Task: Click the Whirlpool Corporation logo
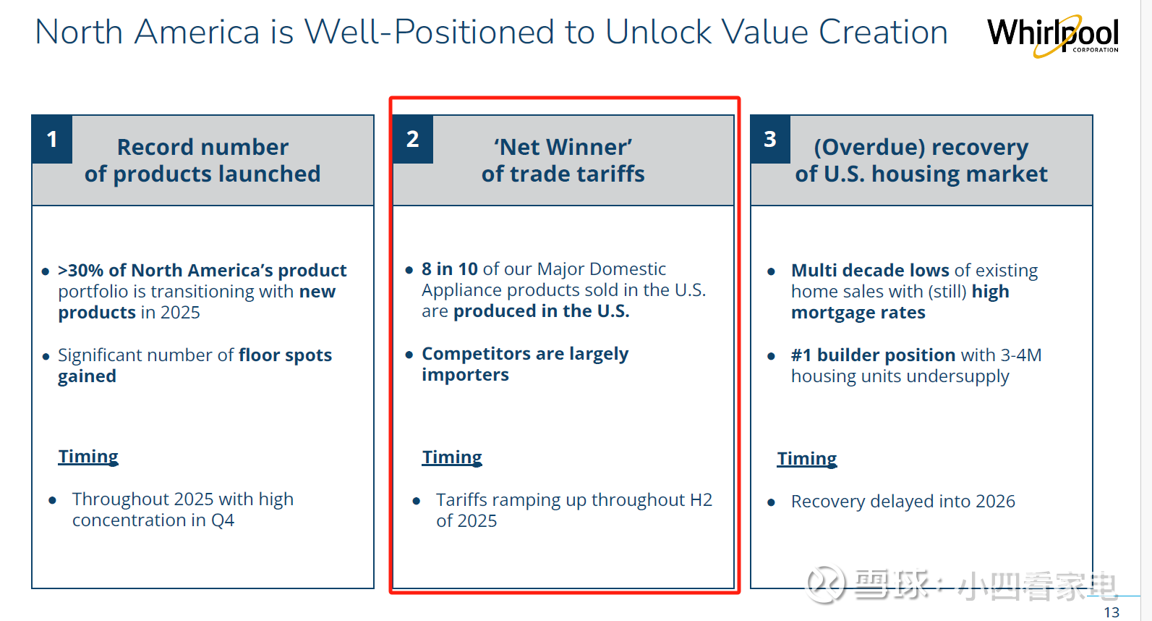pos(1052,36)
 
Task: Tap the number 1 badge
pos(52,140)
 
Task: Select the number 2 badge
pos(413,140)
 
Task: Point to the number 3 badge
pos(770,140)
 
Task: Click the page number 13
pos(1112,612)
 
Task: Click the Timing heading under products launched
pos(88,457)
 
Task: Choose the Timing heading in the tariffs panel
pos(452,457)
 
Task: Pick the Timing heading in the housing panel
pos(807,459)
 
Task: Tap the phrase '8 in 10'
pos(450,269)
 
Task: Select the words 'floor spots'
pos(286,355)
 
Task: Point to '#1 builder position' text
pos(874,355)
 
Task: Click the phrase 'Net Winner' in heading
pos(563,147)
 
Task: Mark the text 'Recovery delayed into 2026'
pos(903,502)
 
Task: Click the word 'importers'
pos(466,375)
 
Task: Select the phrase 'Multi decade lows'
pos(870,271)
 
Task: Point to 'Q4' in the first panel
pos(223,520)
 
